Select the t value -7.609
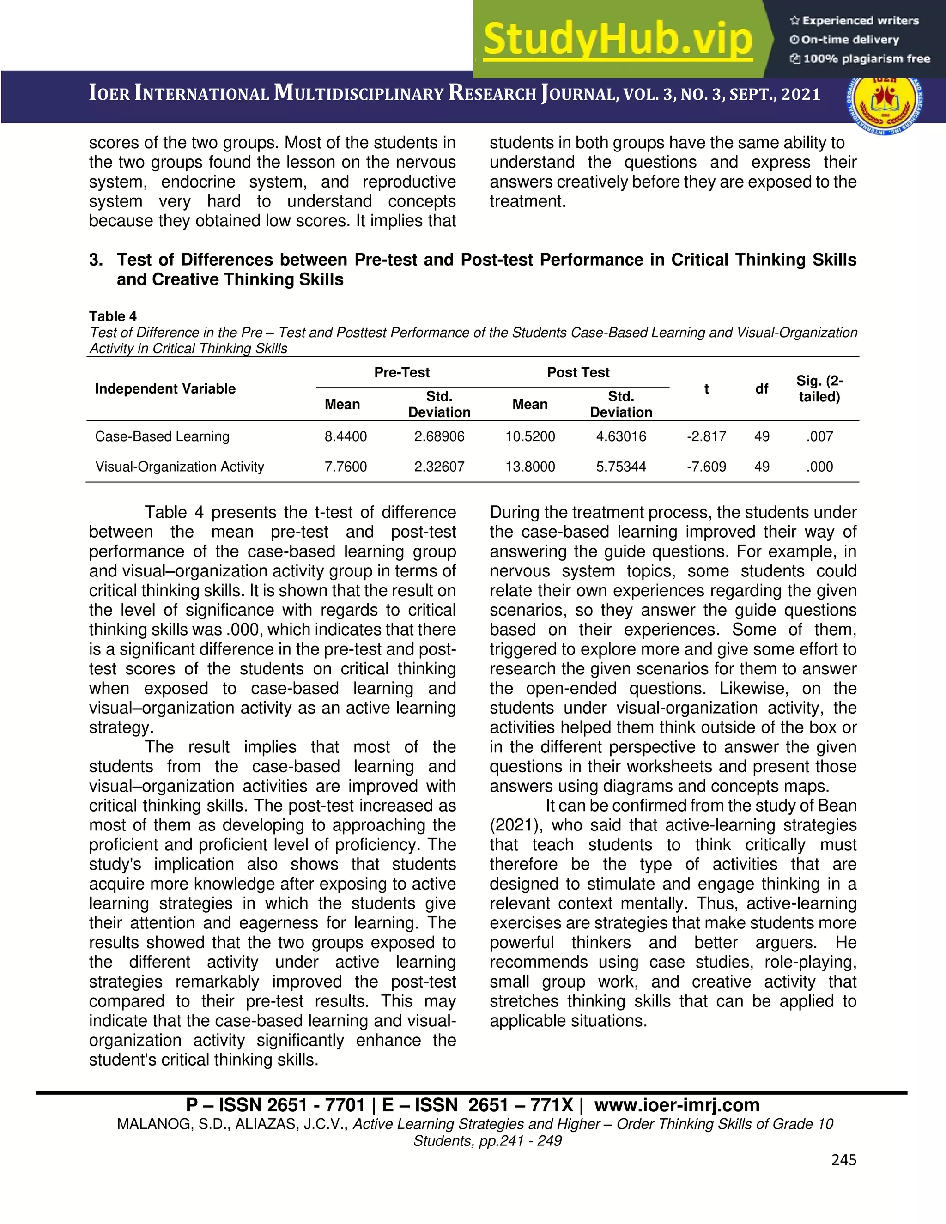[x=706, y=467]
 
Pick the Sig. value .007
[x=819, y=436]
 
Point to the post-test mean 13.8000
[x=530, y=467]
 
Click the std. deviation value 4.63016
[x=621, y=436]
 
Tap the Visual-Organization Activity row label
[x=179, y=467]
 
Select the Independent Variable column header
[x=165, y=389]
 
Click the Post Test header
[x=578, y=373]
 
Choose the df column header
[x=762, y=389]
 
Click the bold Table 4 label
[x=113, y=317]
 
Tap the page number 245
[x=844, y=1159]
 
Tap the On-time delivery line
[x=849, y=40]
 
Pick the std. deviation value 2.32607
[x=439, y=467]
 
